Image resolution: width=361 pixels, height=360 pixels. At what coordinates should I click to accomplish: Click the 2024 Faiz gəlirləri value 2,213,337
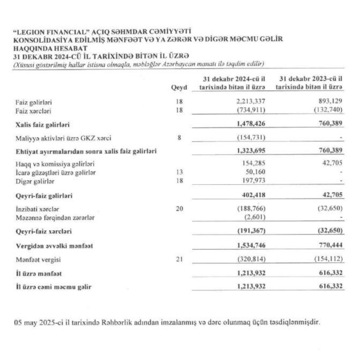coord(251,103)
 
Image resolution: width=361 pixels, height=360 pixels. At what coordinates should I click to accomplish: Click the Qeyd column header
coord(179,87)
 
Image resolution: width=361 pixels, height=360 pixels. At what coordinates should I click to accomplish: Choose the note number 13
coord(179,173)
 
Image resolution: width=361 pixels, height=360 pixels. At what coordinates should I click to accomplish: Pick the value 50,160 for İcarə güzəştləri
coord(255,173)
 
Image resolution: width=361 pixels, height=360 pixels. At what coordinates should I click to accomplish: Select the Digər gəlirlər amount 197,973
coord(254,181)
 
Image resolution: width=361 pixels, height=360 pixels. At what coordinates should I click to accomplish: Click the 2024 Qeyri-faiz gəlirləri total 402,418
coord(253,196)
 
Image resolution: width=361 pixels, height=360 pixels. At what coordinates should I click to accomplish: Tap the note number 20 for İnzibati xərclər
coord(179,209)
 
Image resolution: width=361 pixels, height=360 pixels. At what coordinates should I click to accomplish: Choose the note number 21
coord(179,259)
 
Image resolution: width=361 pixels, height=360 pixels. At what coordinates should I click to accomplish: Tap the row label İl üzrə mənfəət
coord(34,273)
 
